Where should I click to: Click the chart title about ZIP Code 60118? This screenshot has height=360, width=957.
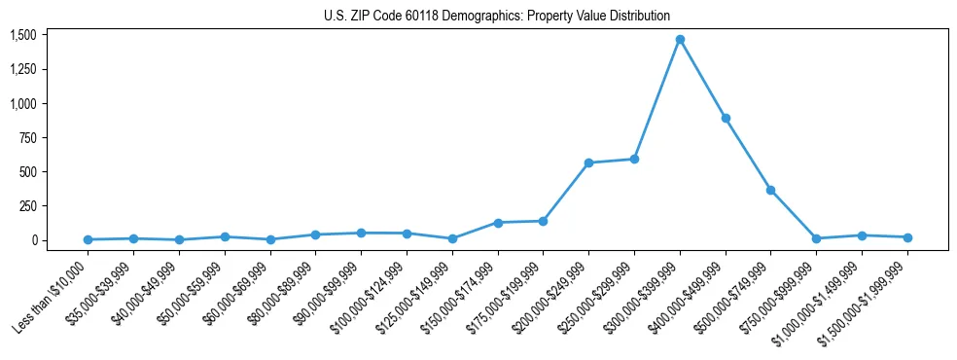pos(497,16)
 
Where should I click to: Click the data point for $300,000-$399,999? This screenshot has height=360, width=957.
pos(680,40)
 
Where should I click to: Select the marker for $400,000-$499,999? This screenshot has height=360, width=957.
pos(726,118)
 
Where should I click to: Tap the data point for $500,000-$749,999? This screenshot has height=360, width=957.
pos(771,190)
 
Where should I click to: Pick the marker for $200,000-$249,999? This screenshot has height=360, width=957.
pos(588,162)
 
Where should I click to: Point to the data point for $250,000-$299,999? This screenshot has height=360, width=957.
pos(634,159)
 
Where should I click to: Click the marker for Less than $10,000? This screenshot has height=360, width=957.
pos(88,239)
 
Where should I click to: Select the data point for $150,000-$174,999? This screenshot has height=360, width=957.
pos(498,223)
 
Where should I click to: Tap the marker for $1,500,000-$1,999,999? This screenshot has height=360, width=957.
pos(907,237)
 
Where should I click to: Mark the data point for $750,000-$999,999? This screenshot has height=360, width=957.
pos(816,238)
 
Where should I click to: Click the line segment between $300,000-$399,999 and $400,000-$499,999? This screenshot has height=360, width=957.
pos(702,79)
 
